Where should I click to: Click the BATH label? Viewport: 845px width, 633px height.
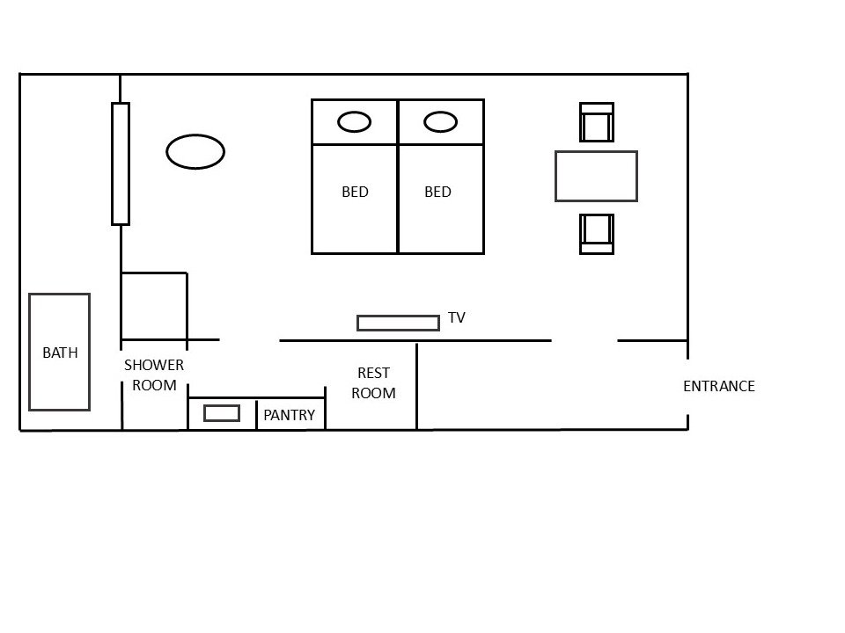[60, 353]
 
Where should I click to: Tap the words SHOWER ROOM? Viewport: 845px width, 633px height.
[154, 375]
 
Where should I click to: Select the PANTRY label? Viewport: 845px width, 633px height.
[289, 415]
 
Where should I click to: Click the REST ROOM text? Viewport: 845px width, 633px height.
[373, 383]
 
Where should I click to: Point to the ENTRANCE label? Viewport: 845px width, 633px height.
[718, 386]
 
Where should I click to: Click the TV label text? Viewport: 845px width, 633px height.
[456, 317]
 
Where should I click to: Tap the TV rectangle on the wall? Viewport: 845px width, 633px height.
[398, 323]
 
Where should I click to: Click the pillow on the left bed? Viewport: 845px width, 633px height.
[354, 122]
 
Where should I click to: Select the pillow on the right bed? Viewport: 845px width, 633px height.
[440, 122]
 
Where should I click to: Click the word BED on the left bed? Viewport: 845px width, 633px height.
[355, 192]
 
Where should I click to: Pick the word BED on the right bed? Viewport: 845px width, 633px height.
[437, 192]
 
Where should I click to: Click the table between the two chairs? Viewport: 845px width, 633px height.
[596, 176]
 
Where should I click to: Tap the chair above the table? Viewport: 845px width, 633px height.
[596, 122]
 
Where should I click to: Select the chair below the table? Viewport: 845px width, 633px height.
[596, 233]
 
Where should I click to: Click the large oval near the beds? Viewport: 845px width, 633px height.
[195, 151]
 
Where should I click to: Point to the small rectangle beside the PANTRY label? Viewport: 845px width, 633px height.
[222, 413]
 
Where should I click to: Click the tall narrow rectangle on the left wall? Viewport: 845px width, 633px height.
[121, 164]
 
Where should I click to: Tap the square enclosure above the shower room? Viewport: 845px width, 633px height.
[154, 305]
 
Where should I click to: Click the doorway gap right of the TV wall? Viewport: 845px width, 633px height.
[584, 340]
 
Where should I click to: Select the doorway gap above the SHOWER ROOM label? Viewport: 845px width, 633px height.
[249, 340]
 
